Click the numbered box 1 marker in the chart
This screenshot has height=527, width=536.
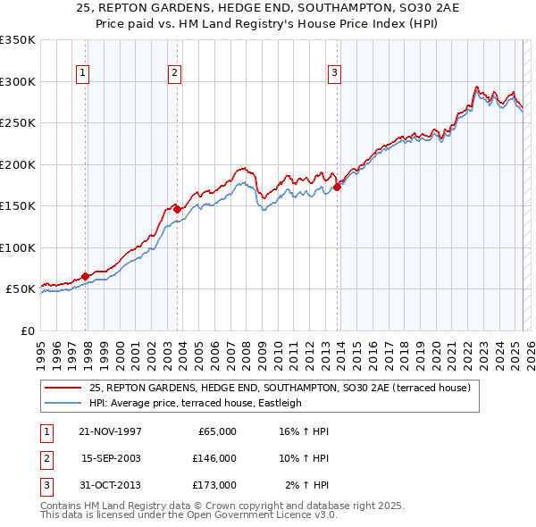pyautogui.click(x=82, y=73)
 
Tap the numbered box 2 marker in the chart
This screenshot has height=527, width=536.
pyautogui.click(x=174, y=73)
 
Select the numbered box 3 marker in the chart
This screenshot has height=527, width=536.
pyautogui.click(x=334, y=73)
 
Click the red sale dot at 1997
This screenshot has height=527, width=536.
pyautogui.click(x=86, y=277)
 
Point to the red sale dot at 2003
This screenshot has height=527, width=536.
pyautogui.click(x=178, y=209)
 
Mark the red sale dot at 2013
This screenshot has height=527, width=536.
pyautogui.click(x=338, y=187)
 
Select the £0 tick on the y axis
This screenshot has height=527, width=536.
pyautogui.click(x=28, y=330)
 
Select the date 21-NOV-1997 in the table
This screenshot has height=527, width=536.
pyautogui.click(x=111, y=431)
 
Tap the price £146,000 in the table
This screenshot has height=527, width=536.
pyautogui.click(x=214, y=458)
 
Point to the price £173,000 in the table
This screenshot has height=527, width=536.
pyautogui.click(x=214, y=485)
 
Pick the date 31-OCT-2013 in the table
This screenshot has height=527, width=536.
pyautogui.click(x=111, y=485)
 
